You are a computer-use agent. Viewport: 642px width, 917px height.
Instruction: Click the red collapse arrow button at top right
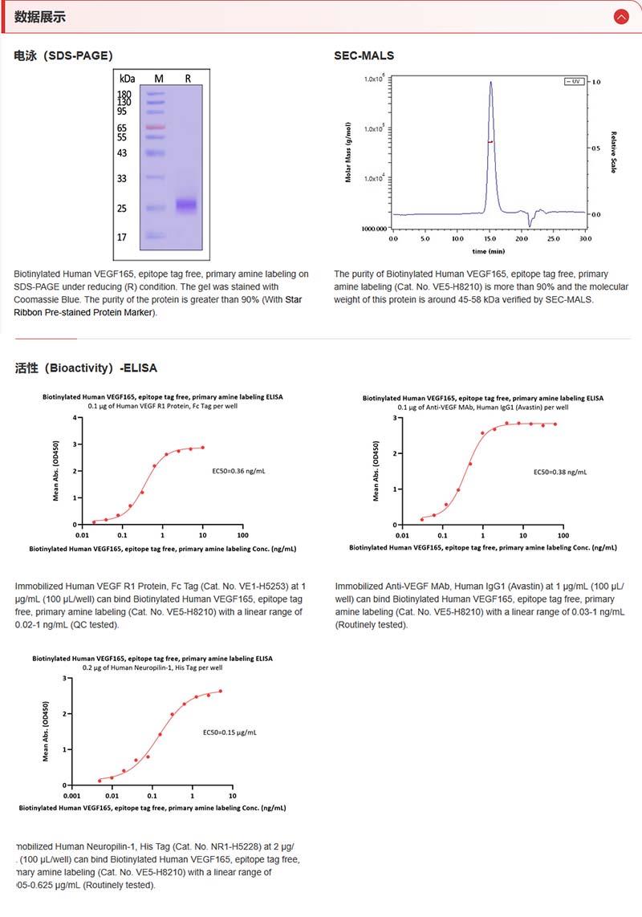(620, 16)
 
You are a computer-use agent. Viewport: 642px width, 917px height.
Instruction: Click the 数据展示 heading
(40, 17)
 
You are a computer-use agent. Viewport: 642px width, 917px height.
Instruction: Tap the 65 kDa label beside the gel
(122, 128)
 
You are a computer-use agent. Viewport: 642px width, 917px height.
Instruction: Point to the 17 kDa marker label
(122, 237)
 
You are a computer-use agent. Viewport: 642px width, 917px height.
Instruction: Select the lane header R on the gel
(188, 79)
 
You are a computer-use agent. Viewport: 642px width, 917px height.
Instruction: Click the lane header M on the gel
(158, 79)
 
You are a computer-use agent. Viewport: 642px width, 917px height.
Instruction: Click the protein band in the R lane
(186, 205)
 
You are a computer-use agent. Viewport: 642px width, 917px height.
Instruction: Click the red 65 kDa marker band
(155, 128)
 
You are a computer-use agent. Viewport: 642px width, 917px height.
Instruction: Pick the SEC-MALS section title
(364, 55)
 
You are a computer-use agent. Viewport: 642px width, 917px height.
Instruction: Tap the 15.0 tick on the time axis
(489, 239)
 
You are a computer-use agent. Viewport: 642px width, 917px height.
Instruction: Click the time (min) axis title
(489, 251)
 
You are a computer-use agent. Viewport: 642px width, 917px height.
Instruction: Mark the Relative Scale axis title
(614, 152)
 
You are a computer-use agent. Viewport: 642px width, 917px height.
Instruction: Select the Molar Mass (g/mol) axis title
(349, 152)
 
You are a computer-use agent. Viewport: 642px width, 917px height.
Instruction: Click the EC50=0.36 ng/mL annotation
(234, 471)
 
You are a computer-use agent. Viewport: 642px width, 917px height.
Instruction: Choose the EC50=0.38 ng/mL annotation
(560, 473)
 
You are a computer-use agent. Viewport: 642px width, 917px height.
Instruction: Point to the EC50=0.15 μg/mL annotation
(230, 732)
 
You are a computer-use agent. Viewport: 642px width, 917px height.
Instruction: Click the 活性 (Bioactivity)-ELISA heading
(86, 368)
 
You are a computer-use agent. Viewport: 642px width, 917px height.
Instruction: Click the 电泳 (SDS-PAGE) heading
(63, 55)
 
